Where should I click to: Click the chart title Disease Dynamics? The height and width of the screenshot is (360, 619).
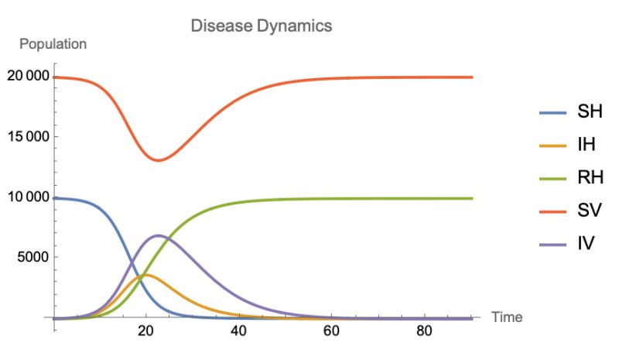pos(262,26)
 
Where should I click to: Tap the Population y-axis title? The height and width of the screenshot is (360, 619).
pos(53,44)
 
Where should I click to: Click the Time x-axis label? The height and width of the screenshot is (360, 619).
pos(507,317)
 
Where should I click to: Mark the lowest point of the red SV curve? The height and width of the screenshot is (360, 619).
pos(159,160)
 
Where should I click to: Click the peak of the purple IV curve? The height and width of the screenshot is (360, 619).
pos(158,235)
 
